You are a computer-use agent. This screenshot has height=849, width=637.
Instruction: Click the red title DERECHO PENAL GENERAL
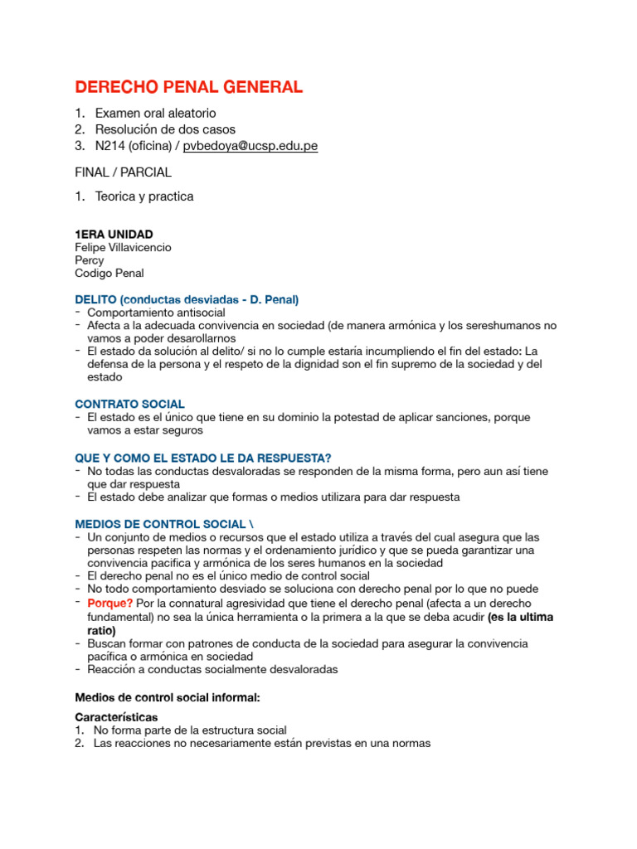[189, 87]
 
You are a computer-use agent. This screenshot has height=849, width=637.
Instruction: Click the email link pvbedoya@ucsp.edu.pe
[250, 146]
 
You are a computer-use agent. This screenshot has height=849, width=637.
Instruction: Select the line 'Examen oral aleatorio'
[155, 113]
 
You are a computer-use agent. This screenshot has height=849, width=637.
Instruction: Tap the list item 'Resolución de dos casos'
[165, 129]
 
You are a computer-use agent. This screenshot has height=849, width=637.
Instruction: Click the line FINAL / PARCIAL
[123, 172]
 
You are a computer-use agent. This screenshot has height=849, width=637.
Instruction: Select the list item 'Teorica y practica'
[144, 196]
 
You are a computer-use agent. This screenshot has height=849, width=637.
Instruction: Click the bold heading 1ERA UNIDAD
[114, 235]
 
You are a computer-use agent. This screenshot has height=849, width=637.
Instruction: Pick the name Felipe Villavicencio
[124, 247]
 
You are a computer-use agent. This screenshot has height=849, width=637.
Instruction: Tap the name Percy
[90, 260]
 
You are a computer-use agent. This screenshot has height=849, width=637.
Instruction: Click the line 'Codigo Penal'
[109, 273]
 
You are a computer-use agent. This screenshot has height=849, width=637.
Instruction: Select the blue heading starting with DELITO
[187, 299]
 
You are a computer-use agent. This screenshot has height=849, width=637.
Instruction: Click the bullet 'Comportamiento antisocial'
[156, 313]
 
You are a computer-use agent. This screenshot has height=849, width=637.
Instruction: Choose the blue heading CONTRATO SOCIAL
[130, 404]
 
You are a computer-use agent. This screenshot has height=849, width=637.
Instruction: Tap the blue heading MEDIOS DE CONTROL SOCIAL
[163, 524]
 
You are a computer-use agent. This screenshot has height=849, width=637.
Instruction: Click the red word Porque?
[109, 603]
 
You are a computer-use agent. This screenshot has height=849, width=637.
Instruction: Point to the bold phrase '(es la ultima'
[520, 618]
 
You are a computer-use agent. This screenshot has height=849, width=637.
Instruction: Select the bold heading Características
[116, 716]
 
